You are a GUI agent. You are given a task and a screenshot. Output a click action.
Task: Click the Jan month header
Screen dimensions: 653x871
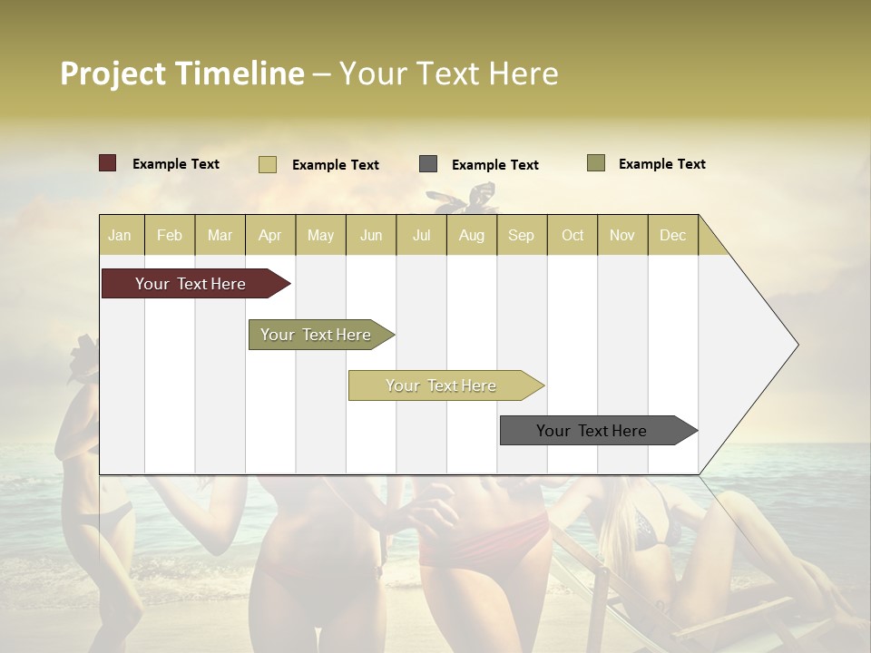click(120, 235)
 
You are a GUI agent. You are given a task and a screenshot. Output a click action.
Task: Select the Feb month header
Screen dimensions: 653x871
click(170, 235)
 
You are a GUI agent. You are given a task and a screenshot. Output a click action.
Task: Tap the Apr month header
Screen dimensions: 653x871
click(269, 235)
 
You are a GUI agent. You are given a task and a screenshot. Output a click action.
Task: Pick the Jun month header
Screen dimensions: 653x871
click(371, 235)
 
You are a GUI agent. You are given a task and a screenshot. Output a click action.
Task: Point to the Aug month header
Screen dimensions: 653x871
click(471, 235)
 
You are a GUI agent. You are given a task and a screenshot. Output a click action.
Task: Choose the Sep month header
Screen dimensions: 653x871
click(521, 235)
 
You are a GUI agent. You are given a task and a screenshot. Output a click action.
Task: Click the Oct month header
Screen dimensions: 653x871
click(573, 235)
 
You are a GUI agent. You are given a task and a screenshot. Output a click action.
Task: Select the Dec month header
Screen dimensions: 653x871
click(672, 235)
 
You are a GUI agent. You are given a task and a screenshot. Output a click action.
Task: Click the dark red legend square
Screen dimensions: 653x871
click(108, 163)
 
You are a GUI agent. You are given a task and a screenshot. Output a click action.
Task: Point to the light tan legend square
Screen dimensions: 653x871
click(268, 164)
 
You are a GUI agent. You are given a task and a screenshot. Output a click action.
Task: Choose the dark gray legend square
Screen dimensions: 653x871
click(428, 164)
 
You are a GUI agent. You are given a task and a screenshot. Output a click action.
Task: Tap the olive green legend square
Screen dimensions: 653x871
click(596, 163)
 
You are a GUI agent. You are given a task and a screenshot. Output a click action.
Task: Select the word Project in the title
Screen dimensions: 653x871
click(113, 73)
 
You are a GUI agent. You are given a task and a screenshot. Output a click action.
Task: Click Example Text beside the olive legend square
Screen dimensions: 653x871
click(661, 164)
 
